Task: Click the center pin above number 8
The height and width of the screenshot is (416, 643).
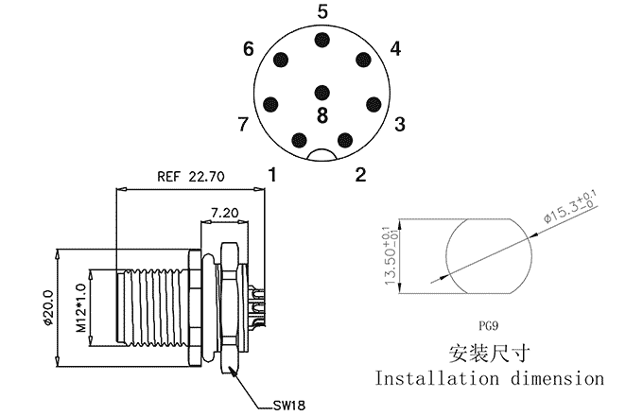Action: pos(322,93)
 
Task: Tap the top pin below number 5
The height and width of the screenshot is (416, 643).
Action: pos(322,40)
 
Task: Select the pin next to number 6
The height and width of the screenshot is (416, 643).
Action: pos(281,60)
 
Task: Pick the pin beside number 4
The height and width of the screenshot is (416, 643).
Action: pos(363,60)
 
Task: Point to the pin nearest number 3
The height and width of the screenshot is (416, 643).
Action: pos(374,104)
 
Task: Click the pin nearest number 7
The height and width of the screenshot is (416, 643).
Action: pos(270,105)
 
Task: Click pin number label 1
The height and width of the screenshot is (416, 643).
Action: pos(272,175)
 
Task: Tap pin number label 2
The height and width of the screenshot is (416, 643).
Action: pos(360,175)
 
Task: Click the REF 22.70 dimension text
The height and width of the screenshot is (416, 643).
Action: pos(191,177)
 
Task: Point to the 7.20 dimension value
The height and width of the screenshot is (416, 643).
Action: pos(224,213)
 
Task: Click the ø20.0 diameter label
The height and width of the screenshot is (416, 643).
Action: pos(48,307)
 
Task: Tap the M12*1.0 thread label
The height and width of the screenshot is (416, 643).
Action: pos(80,307)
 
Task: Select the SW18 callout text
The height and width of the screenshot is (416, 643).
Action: pos(289,406)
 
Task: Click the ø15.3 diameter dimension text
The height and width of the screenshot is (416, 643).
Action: pos(571,206)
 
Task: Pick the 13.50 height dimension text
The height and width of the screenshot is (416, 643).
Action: pos(391,256)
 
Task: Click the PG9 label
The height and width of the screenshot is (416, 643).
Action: pos(489,326)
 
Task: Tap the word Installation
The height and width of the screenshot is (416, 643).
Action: pos(437,378)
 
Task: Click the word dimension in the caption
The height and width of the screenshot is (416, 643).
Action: pos(558,378)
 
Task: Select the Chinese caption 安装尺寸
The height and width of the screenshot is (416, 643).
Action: pos(489,354)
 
